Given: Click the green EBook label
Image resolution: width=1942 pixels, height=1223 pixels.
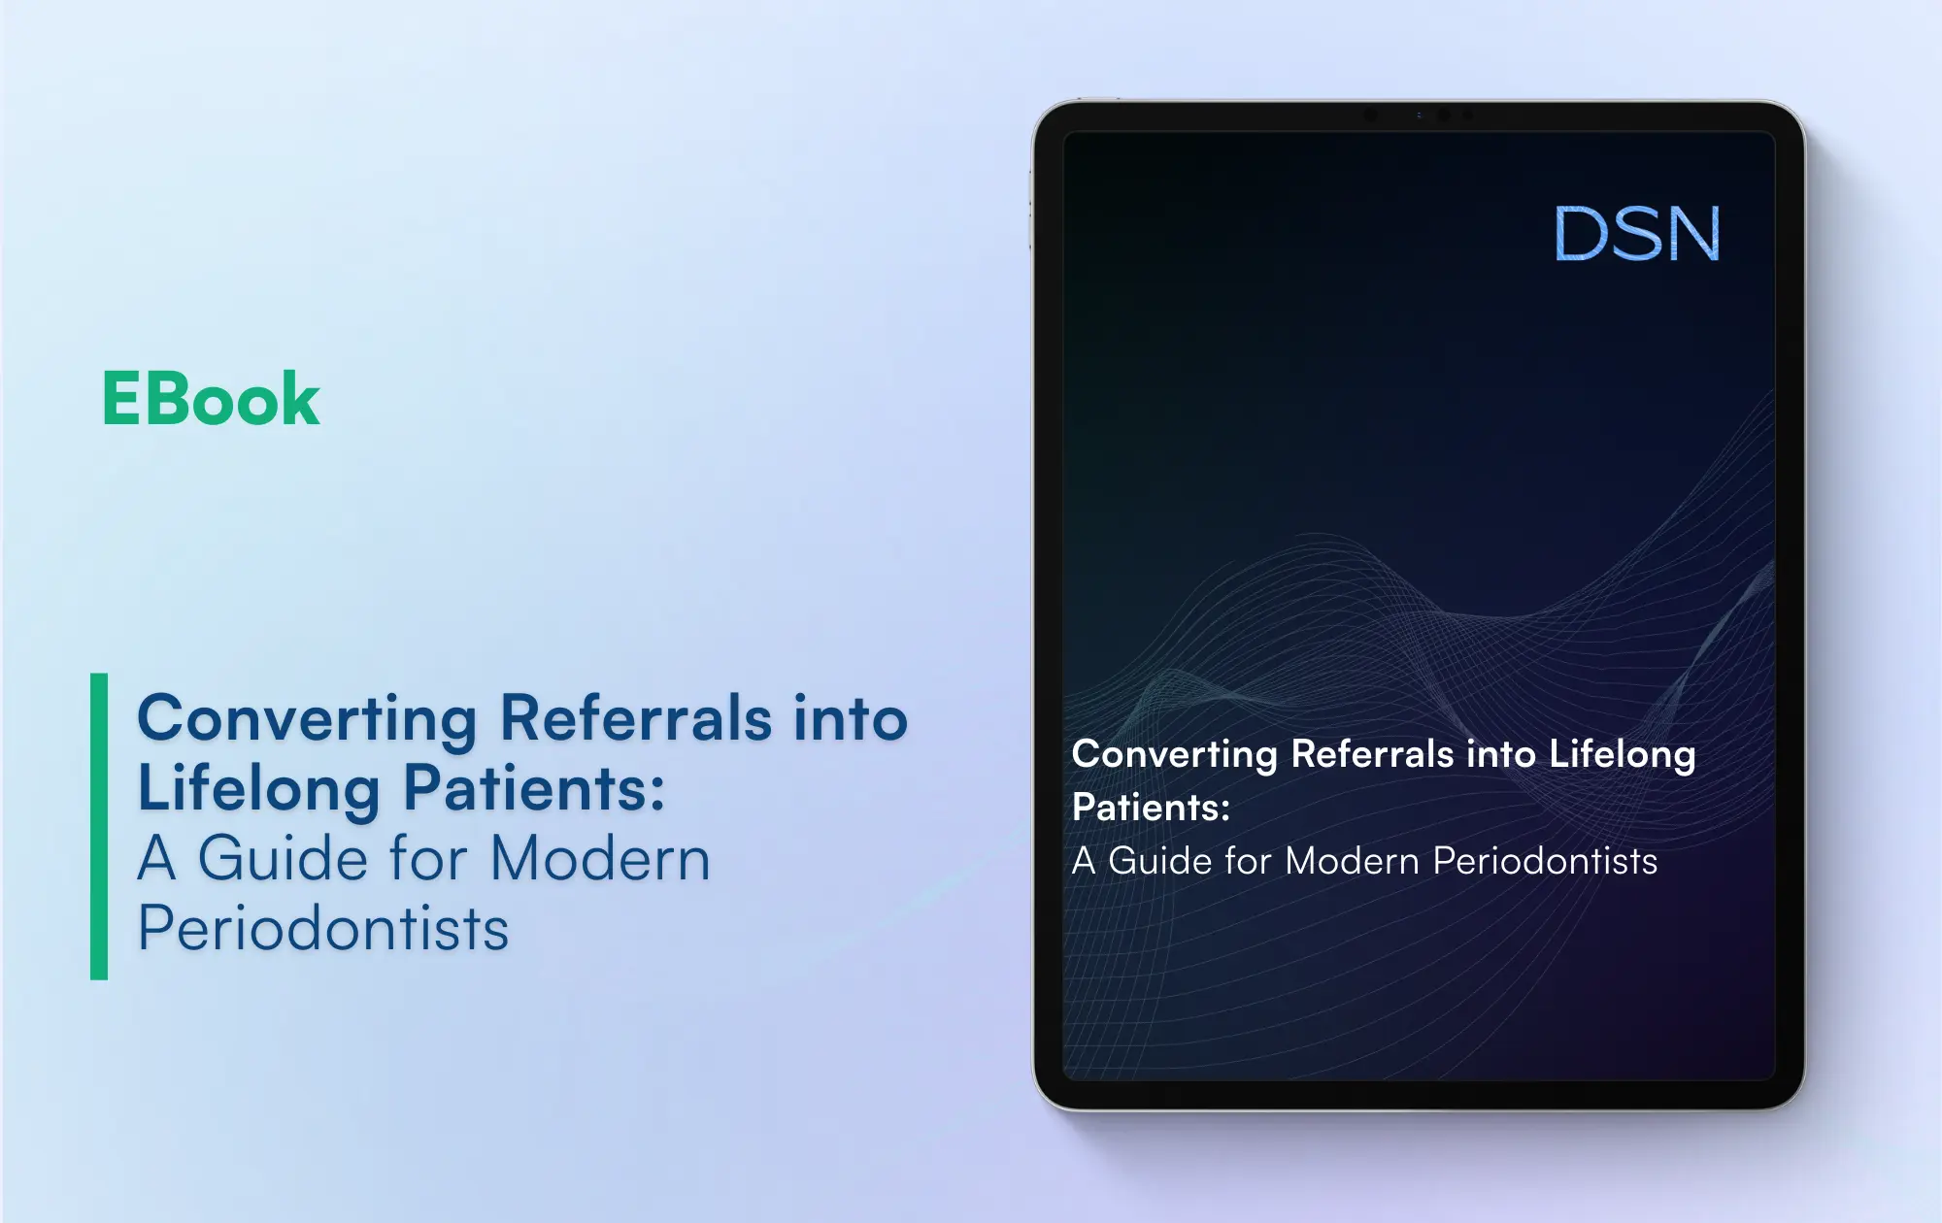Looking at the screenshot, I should (211, 399).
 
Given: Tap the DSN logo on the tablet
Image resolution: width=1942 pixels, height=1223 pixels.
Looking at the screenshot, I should (1637, 234).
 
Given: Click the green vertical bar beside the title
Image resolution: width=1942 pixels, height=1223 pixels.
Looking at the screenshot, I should (99, 826).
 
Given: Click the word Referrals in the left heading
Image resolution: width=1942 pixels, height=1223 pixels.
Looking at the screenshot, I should (636, 718).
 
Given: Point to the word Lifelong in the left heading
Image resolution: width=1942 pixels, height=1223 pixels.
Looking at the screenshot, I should (258, 788).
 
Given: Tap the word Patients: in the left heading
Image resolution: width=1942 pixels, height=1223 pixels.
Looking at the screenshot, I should (534, 788).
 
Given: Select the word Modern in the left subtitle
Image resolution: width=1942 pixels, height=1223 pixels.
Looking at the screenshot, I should (600, 859).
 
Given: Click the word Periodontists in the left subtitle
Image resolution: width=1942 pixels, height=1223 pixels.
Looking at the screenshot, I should (323, 929).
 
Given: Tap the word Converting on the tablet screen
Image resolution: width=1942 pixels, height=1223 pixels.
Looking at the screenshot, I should (1174, 755).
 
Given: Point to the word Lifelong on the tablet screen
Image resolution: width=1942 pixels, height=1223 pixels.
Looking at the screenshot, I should (1622, 755).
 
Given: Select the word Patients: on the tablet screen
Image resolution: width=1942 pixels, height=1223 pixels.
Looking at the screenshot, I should (1151, 808).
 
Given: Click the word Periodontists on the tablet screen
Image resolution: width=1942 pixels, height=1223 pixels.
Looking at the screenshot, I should (1545, 861).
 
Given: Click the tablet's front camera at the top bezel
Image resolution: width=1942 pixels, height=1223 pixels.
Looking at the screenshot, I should (1444, 115).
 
